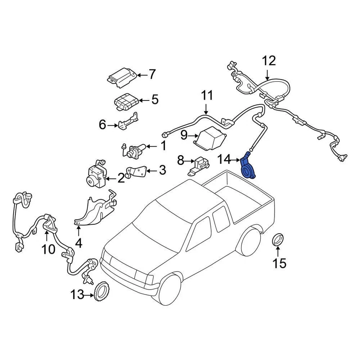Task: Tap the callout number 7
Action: point(151,75)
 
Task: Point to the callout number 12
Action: point(268,60)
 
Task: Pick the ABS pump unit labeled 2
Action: point(97,175)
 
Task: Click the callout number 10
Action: point(49,249)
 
